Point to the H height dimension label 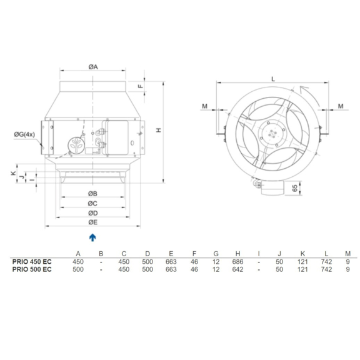(159, 129)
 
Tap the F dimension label (141, 87)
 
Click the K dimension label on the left (13, 173)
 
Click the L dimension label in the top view (273, 78)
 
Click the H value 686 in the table (238, 261)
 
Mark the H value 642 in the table (238, 269)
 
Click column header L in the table (327, 253)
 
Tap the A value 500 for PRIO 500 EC (78, 269)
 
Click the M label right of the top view (341, 106)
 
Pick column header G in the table (216, 253)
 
